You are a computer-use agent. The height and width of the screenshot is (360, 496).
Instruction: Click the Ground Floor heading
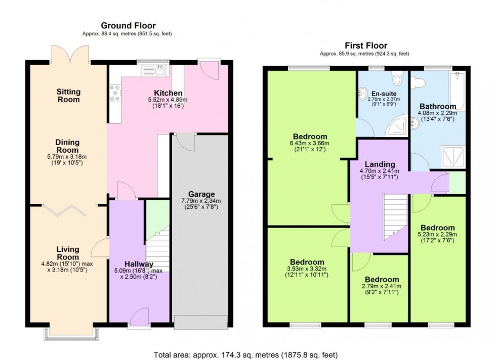pyautogui.click(x=128, y=25)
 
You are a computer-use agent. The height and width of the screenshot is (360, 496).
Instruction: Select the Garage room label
pyautogui.click(x=201, y=194)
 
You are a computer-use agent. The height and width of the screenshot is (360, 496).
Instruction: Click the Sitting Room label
pyautogui.click(x=68, y=96)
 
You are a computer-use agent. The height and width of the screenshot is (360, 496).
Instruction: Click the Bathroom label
pyautogui.click(x=437, y=106)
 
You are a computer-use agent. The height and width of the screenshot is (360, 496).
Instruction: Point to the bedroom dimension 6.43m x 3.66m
pyautogui.click(x=310, y=143)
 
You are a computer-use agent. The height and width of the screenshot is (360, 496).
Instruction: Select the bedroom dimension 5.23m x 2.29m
pyautogui.click(x=437, y=235)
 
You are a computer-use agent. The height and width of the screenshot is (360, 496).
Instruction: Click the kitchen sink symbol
pyautogui.click(x=160, y=70)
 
